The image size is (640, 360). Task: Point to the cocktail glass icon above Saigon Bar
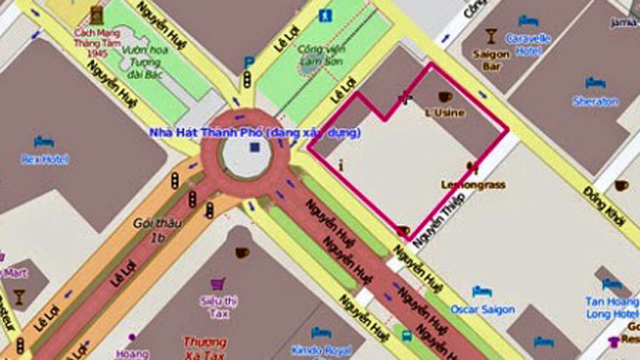pyautogui.click(x=491, y=37)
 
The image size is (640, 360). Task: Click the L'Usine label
pyautogui.click(x=446, y=113)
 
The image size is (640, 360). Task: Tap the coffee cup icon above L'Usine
pyautogui.click(x=445, y=97)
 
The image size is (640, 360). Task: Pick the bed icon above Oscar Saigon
pyautogui.click(x=480, y=291)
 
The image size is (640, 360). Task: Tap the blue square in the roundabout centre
pyautogui.click(x=254, y=147)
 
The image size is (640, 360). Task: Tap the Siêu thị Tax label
pyautogui.click(x=217, y=306)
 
